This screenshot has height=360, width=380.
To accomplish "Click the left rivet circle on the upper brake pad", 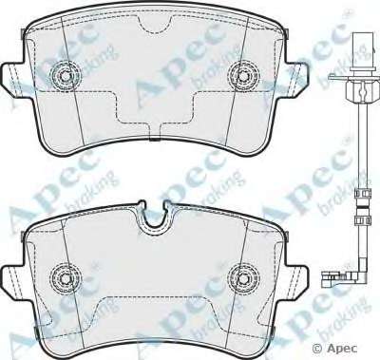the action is click(x=66, y=75).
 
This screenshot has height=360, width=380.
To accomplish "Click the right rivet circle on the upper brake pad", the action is click(x=243, y=75).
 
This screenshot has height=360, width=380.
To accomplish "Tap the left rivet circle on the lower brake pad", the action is click(x=66, y=278).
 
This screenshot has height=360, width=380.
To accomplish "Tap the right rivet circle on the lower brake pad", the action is click(x=243, y=278).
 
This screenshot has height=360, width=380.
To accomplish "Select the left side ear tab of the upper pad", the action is click(x=13, y=77).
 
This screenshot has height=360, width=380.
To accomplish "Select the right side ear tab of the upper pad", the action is click(x=295, y=77).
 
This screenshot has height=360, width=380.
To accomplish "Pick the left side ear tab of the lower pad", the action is click(x=13, y=278).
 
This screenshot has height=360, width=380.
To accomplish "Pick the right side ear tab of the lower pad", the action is click(x=295, y=278).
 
